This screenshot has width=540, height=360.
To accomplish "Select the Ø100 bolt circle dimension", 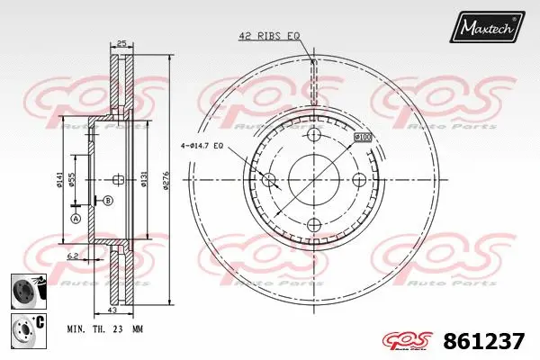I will click(x=363, y=138).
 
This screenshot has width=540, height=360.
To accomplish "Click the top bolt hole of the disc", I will click(x=313, y=135).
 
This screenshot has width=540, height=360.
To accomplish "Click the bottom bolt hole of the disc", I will click(x=313, y=223).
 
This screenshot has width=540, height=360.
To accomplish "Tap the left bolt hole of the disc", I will click(x=268, y=179).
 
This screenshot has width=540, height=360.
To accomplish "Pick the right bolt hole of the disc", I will click(x=357, y=179).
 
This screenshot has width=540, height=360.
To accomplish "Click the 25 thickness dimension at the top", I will click(x=121, y=42).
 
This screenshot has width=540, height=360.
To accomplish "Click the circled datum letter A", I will click(x=76, y=219).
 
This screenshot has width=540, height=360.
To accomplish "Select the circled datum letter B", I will click(x=108, y=200).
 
